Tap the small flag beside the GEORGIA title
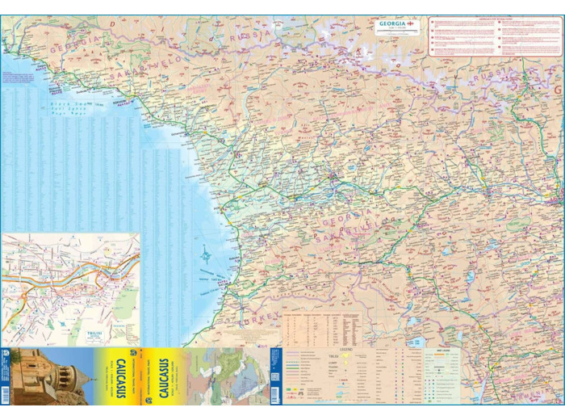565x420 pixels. tap(412, 23)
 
